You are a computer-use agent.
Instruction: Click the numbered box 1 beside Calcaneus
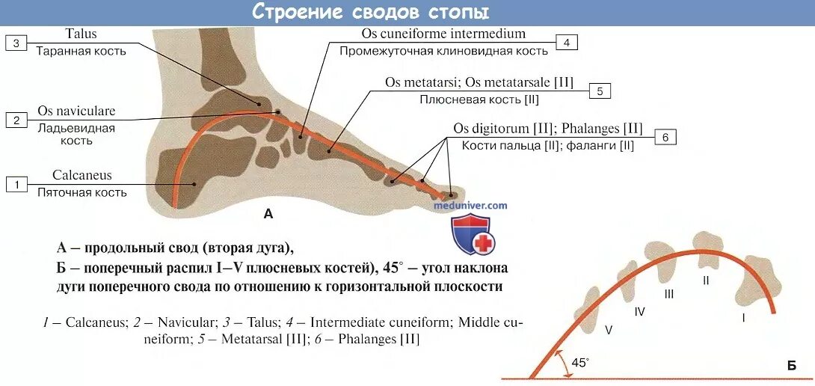point(16,183)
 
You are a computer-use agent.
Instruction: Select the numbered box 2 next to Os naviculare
point(16,120)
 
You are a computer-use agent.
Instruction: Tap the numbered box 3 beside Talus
point(16,43)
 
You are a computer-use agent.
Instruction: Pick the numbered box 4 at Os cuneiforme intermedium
point(566,43)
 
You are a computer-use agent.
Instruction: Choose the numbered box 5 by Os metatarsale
point(600,91)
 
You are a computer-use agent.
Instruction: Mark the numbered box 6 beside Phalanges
point(665,137)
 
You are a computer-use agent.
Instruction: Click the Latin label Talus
point(81,34)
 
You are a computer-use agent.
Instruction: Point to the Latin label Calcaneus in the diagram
point(81,175)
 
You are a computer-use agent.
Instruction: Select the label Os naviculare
point(76,111)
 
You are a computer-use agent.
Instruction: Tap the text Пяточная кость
point(81,192)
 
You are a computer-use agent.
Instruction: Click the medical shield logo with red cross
point(471,234)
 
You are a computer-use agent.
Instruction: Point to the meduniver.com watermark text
point(470,205)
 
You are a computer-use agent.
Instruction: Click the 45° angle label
point(580,362)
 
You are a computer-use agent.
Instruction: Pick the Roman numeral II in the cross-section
point(705,280)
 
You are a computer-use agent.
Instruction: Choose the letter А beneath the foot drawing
point(268,214)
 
